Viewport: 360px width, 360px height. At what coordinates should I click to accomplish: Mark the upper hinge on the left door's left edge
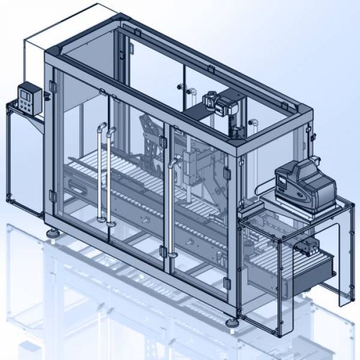[53, 86]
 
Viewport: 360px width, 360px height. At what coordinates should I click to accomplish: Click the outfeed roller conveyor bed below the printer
[274, 252]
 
